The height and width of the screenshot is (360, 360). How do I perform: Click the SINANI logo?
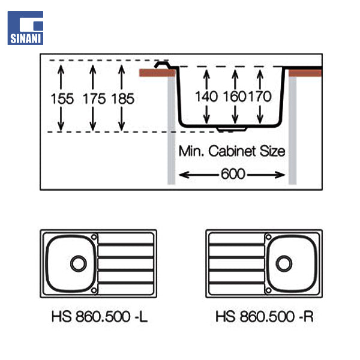[x=25, y=27]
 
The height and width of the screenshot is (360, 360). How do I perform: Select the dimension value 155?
[x=62, y=98]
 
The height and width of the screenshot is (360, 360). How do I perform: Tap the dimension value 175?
[x=94, y=98]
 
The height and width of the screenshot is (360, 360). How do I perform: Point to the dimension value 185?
[x=123, y=98]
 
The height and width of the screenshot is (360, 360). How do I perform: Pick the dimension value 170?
[x=260, y=96]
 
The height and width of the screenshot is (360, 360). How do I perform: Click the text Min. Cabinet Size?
[x=232, y=151]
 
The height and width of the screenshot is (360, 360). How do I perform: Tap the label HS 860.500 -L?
[x=99, y=316]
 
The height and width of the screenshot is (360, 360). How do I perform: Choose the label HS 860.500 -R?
[x=264, y=316]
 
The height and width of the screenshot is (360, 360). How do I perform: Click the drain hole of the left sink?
[x=78, y=263]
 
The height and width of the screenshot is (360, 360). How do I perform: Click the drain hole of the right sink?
[x=284, y=263]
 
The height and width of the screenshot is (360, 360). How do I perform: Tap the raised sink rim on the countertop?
[x=161, y=64]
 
